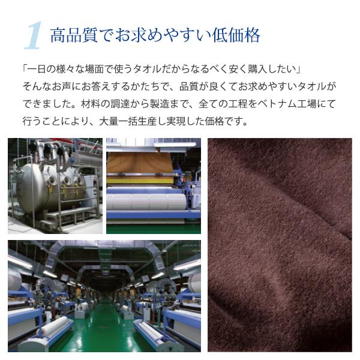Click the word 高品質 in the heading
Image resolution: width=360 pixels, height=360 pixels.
[x=74, y=35]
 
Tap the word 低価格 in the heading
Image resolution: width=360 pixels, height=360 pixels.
[x=236, y=35]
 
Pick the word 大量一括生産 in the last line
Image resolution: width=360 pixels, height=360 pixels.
[x=128, y=121]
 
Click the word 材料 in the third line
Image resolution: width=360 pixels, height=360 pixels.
[x=91, y=104]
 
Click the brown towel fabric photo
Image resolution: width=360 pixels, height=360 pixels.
[x=280, y=245]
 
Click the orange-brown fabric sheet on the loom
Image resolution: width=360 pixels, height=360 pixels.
[x=140, y=163]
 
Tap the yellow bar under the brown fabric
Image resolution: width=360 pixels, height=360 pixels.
[x=140, y=181]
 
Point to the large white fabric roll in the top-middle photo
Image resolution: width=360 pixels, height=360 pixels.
[x=146, y=202]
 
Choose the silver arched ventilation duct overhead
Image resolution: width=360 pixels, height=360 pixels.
[x=104, y=255]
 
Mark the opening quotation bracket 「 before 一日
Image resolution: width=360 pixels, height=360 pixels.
[x=25, y=69]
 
